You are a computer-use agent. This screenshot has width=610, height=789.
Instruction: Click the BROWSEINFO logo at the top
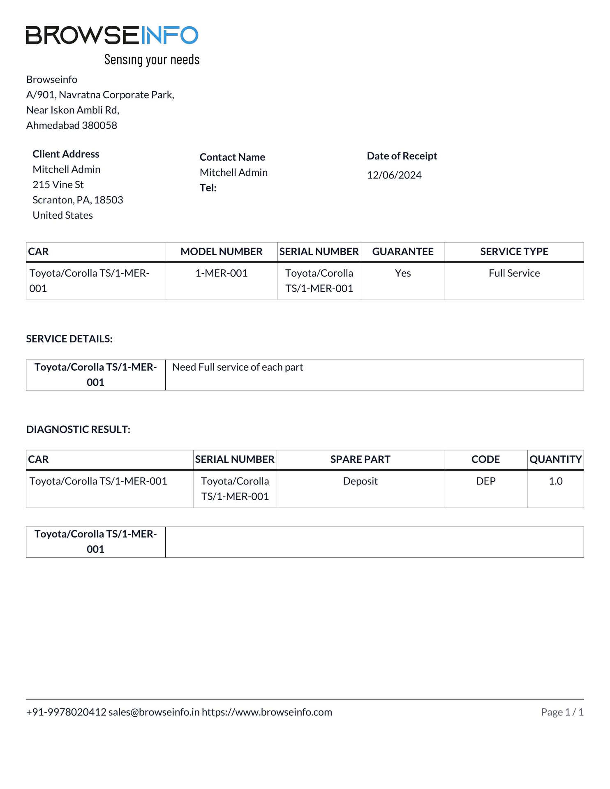[112, 35]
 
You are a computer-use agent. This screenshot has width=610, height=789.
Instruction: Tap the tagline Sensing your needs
[152, 60]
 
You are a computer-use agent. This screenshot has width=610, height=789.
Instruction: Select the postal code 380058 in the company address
[99, 125]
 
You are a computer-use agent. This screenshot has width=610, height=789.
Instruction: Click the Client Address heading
[66, 154]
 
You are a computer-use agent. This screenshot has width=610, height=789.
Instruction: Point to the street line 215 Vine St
[58, 185]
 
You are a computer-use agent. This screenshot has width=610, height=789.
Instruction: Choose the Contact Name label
[232, 157]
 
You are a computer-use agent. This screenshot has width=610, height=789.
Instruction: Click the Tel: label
[208, 188]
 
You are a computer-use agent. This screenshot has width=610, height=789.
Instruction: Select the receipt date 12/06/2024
[394, 175]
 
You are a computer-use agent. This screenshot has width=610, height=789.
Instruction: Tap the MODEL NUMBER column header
[221, 251]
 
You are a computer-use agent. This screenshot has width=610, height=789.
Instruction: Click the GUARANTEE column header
[402, 251]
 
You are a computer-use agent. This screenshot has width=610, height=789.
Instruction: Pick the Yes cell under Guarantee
[402, 273]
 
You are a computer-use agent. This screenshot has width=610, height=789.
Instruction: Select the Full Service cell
[514, 273]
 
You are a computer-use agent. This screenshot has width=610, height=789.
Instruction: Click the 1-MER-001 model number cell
[221, 273]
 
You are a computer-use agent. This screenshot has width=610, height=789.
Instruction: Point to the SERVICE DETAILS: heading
[69, 339]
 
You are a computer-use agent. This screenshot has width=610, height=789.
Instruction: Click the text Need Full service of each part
[237, 367]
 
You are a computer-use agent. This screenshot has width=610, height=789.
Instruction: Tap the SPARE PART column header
[360, 459]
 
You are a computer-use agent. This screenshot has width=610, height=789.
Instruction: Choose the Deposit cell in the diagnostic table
[360, 481]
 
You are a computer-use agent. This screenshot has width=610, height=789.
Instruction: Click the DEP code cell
[485, 481]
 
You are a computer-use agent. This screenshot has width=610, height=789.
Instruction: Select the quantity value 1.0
[555, 481]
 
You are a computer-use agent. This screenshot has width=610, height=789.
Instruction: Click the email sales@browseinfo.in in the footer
[154, 712]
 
